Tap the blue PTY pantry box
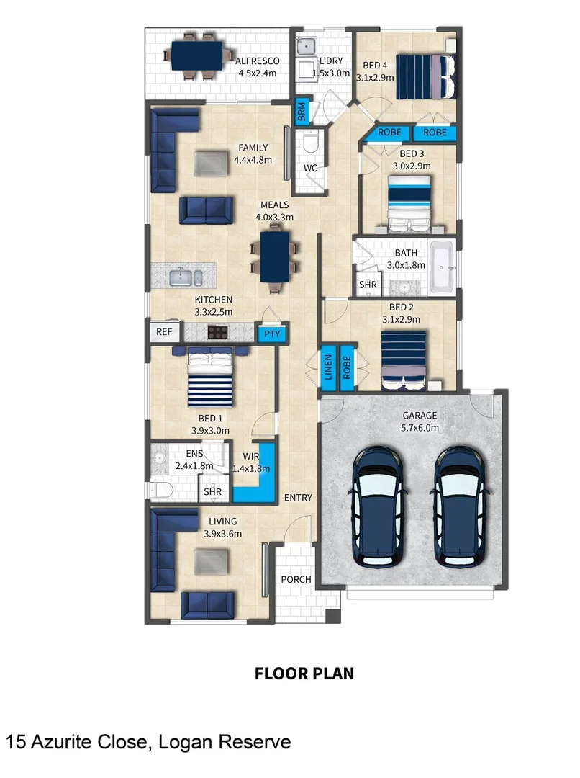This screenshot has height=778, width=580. pos(271,334)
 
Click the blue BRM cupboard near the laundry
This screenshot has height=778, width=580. pos(302,112)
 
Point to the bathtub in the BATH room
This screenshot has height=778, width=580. pos(442,269)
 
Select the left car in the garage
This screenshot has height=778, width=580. pos(380,506)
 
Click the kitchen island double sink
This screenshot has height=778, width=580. pos(185,277)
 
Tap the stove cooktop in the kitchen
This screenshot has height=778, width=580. pos(218,332)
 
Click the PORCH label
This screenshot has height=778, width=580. pos(295,578)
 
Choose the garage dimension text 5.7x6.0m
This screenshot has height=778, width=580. pos(419,427)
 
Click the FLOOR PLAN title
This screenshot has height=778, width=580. pos(304,674)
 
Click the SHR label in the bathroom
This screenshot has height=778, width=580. pos(368,285)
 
